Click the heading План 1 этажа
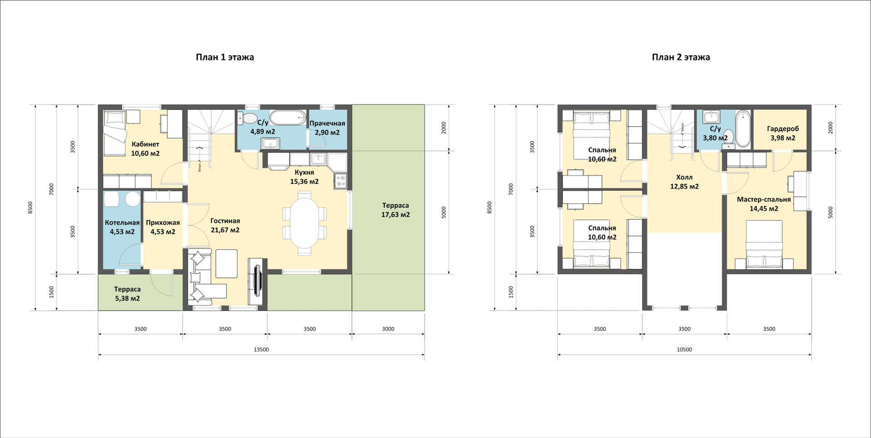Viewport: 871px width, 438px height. pos(225,57)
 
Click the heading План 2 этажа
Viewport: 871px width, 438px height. pos(680,57)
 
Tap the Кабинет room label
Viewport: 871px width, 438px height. pos(145,144)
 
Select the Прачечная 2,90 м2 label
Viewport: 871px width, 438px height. pos(327,128)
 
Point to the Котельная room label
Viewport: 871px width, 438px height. pos(122,222)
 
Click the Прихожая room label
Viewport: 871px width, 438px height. pos(163,222)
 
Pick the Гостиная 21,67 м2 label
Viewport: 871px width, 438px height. pos(225,226)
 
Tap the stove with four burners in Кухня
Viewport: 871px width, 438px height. pos(340,181)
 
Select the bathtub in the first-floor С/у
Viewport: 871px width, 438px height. pos(288,118)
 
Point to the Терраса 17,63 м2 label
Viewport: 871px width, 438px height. pos(396,210)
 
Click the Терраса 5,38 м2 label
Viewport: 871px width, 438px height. pos(127,294)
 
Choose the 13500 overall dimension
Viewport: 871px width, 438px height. pos(261,349)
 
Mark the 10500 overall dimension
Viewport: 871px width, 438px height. pos(684,349)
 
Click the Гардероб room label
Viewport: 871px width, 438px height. pos(783,129)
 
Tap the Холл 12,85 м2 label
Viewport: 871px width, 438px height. pos(684,182)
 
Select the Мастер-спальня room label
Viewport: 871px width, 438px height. pos(764,199)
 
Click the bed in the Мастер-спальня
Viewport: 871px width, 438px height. pos(764,244)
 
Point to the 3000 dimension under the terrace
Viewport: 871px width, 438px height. pos(388,329)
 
